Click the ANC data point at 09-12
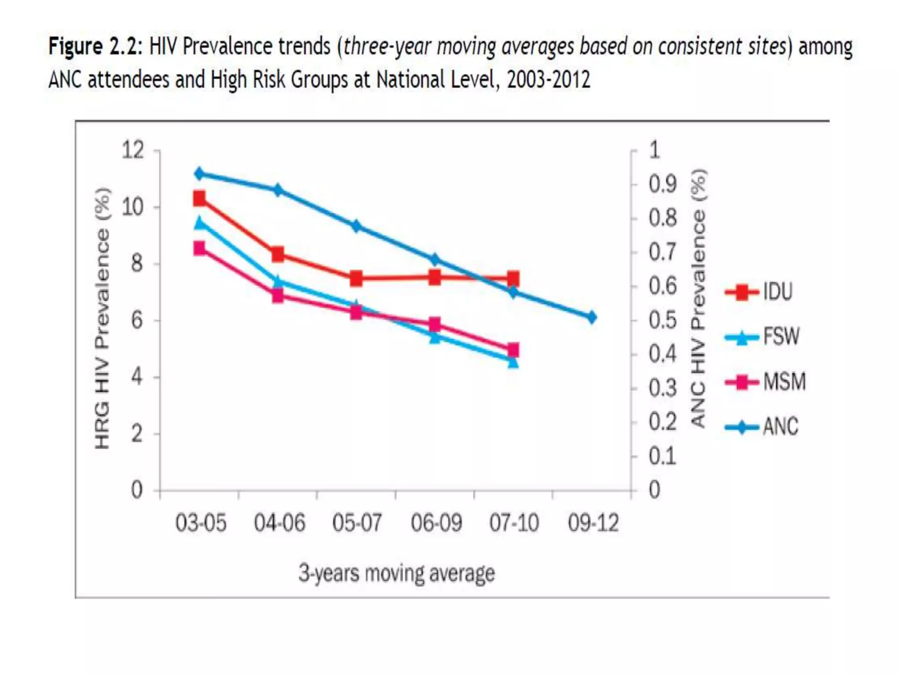(592, 317)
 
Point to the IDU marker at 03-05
(200, 198)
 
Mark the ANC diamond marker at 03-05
(200, 174)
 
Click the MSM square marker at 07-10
(513, 350)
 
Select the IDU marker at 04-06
(278, 254)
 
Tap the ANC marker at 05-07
(356, 226)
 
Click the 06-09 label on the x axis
(436, 523)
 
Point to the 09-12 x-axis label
(593, 523)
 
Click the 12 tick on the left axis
(133, 150)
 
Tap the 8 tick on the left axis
(137, 264)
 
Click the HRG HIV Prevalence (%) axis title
(102, 319)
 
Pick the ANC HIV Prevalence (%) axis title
(698, 298)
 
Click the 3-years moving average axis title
(397, 573)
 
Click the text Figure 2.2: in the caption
(95, 47)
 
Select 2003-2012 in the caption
(548, 80)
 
